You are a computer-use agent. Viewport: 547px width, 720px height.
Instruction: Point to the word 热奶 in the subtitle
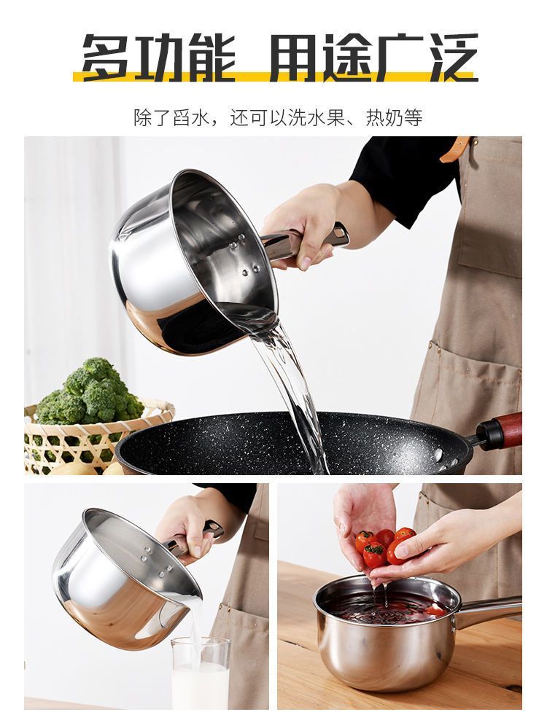pyautogui.click(x=384, y=117)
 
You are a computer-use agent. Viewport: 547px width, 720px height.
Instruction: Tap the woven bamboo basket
pyautogui.click(x=92, y=439)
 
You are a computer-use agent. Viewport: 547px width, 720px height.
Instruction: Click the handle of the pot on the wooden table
pyautogui.click(x=487, y=611)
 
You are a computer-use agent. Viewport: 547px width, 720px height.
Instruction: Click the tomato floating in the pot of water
pyautogui.click(x=434, y=610)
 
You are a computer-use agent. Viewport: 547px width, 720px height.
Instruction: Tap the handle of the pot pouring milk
pyautogui.click(x=193, y=537)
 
